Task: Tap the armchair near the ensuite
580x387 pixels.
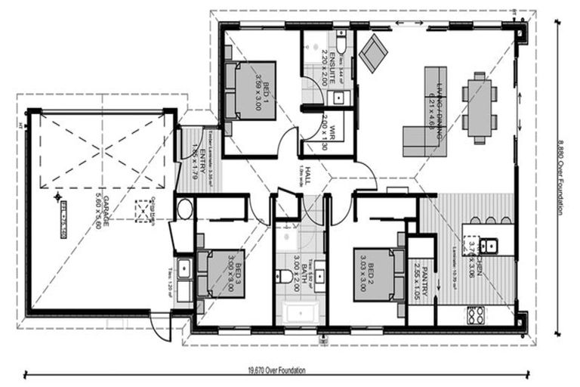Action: (372, 53)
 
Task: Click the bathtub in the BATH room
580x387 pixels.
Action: (301, 314)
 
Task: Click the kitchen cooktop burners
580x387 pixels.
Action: (476, 314)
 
